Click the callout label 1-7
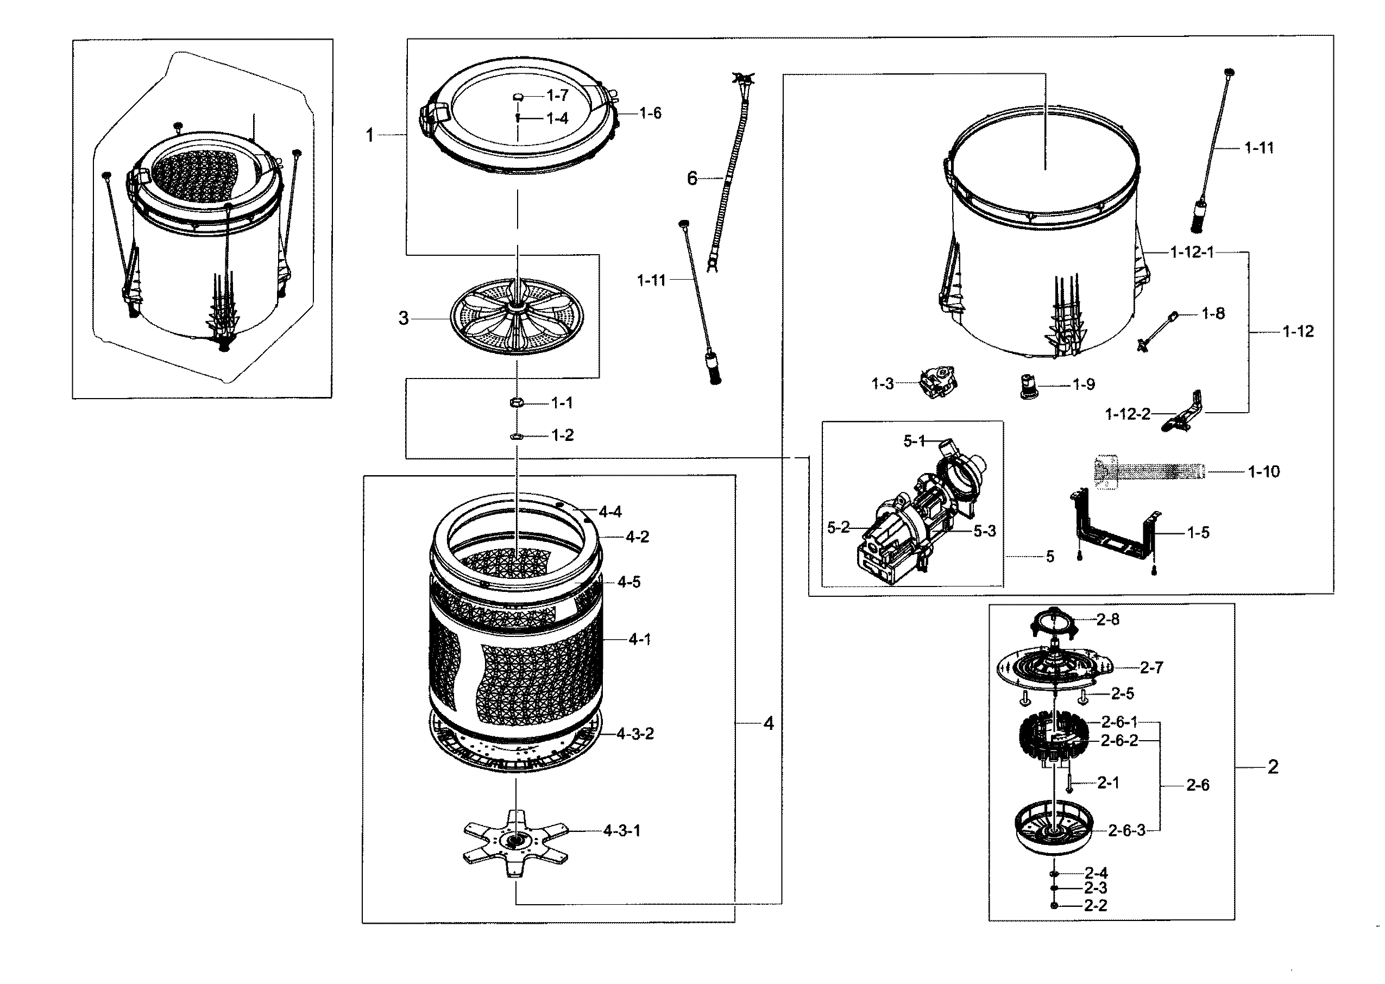(557, 95)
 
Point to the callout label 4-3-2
(635, 734)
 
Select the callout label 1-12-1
(1192, 252)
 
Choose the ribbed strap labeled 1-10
(1148, 472)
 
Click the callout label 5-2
(839, 528)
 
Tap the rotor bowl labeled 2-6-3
(1054, 830)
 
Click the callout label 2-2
(1096, 905)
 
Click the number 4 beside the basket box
(768, 723)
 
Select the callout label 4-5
(629, 582)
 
